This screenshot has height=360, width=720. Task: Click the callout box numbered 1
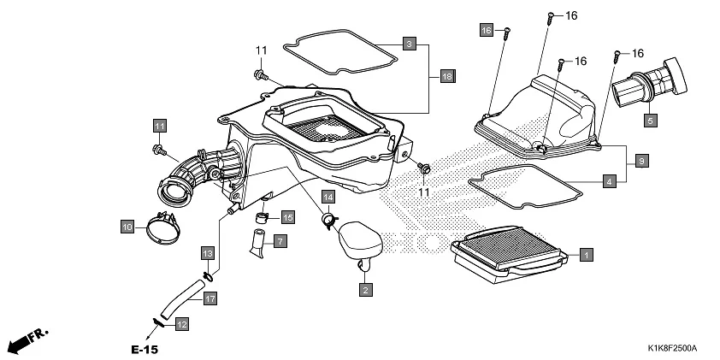coord(586,254)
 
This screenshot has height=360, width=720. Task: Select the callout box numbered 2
coord(365,290)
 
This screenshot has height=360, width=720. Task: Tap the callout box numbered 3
coord(410,44)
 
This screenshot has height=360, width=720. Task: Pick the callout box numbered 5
coord(650,121)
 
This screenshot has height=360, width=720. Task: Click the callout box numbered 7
coord(280,242)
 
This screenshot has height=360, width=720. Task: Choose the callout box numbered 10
coord(127,227)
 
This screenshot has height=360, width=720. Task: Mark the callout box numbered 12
coord(181,324)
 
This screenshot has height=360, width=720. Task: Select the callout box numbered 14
coord(328,197)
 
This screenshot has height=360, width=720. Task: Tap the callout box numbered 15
coord(287,218)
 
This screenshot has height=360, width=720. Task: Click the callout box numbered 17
coord(210,298)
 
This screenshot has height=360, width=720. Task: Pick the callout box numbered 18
coord(446,77)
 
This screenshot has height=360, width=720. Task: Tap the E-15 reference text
coord(145,350)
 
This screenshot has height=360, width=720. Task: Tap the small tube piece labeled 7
coord(257,240)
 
